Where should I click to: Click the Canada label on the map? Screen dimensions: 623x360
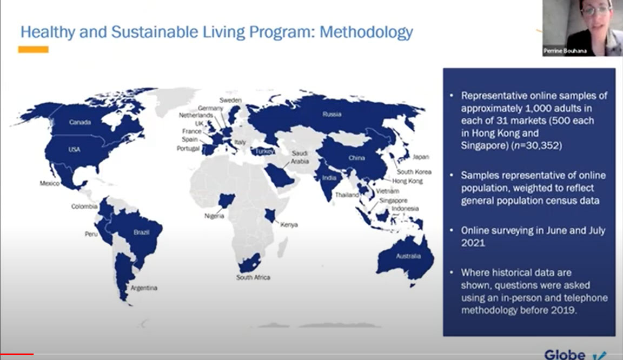pyautogui.click(x=80, y=122)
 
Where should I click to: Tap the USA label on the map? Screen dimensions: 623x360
pyautogui.click(x=74, y=149)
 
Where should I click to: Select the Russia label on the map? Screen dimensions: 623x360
pyautogui.click(x=332, y=114)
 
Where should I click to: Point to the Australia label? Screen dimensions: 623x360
pyautogui.click(x=408, y=256)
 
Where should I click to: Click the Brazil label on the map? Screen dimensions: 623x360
pyautogui.click(x=142, y=232)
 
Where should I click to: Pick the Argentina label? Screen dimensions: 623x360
pyautogui.click(x=144, y=288)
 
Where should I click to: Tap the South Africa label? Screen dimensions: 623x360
pyautogui.click(x=253, y=277)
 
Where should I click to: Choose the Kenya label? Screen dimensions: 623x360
pyautogui.click(x=289, y=224)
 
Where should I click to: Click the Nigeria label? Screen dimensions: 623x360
pyautogui.click(x=214, y=216)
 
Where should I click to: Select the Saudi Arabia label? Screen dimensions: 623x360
pyautogui.click(x=300, y=157)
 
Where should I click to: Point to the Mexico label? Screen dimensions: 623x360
pyautogui.click(x=50, y=183)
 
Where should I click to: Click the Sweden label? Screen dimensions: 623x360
pyautogui.click(x=230, y=100)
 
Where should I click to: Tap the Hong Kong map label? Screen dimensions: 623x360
pyautogui.click(x=407, y=181)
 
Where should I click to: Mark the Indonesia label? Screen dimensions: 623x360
pyautogui.click(x=405, y=209)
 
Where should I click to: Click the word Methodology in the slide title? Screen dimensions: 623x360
pyautogui.click(x=366, y=32)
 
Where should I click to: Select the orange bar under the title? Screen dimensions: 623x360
pyautogui.click(x=34, y=50)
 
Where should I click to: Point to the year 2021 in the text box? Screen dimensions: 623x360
pyautogui.click(x=473, y=243)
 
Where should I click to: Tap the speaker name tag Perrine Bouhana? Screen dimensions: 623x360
pyautogui.click(x=565, y=51)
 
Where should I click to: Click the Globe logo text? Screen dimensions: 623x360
pyautogui.click(x=565, y=355)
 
